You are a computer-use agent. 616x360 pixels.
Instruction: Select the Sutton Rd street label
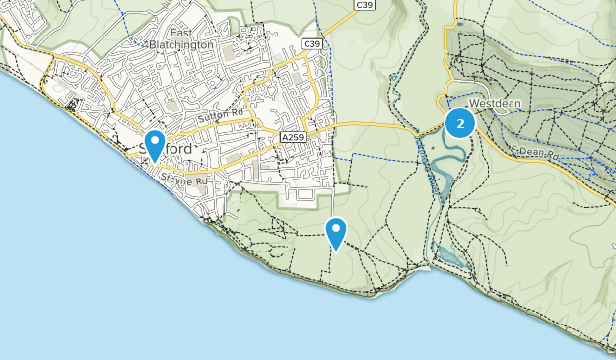tap(220, 115)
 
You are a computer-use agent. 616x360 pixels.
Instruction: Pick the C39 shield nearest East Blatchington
tap(312, 44)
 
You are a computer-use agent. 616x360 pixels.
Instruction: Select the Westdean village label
tap(493, 102)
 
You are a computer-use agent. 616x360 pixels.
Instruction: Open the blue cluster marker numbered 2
tap(459, 123)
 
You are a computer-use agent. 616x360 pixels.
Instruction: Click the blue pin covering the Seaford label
tap(154, 142)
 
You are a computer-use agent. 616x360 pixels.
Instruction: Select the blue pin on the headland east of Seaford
tap(337, 231)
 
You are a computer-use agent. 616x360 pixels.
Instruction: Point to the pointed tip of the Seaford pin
tap(154, 162)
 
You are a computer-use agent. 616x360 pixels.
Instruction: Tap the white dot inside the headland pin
tap(337, 229)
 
